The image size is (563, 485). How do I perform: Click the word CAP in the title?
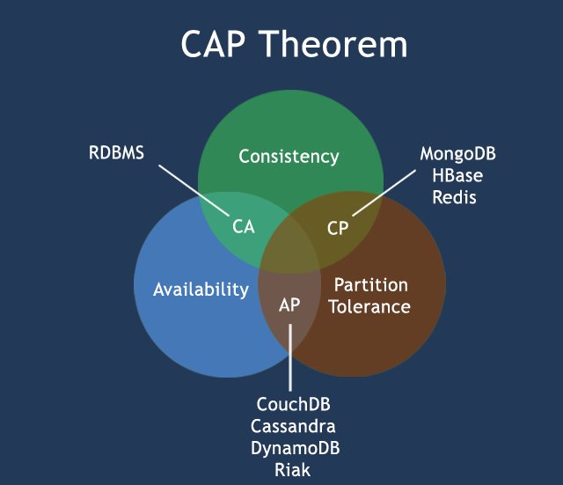(215, 44)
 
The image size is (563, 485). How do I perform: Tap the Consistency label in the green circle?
(289, 157)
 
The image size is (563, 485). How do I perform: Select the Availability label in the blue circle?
(201, 289)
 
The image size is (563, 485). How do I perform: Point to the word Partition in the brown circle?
(370, 285)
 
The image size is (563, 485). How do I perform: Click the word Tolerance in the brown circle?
(370, 306)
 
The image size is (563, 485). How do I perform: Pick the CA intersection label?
(244, 226)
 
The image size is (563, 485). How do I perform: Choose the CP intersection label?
(339, 228)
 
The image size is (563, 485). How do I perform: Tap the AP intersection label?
(289, 305)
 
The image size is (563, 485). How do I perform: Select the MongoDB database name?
(457, 154)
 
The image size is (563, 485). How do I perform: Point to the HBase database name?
(457, 175)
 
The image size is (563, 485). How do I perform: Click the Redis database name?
(454, 197)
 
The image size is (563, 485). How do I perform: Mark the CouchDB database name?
(294, 405)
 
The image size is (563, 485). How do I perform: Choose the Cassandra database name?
(294, 426)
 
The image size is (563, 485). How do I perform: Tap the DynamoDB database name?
(294, 448)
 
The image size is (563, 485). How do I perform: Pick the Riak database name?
(293, 470)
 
